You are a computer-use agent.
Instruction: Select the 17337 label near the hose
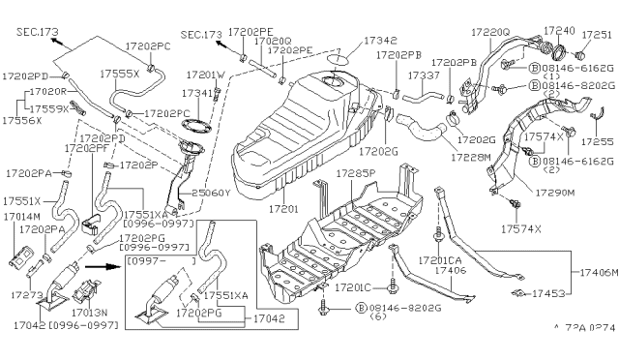423,75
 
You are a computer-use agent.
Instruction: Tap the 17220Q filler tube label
490,32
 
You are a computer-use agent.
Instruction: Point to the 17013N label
90,313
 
